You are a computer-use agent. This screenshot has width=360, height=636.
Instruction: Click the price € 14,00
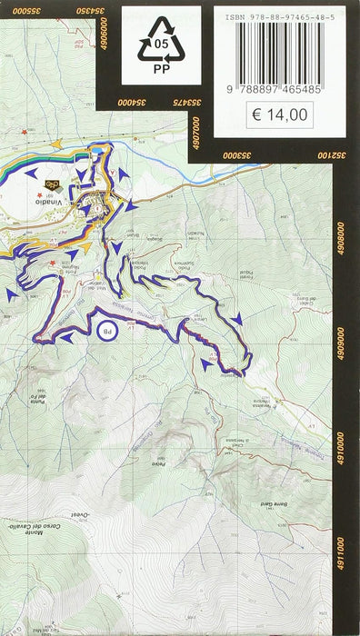pyautogui.click(x=281, y=113)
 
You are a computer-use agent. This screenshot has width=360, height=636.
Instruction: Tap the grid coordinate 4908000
pyautogui.click(x=341, y=231)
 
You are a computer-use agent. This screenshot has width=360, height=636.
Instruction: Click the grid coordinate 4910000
pyautogui.click(x=341, y=452)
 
